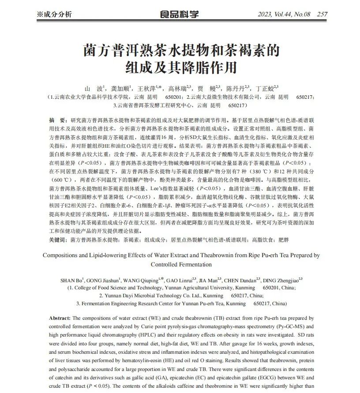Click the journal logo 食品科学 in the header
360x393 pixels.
(x=180, y=13)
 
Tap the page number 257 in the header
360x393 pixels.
(x=322, y=14)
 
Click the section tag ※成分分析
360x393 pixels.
(x=54, y=14)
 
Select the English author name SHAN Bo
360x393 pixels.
(x=71, y=280)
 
